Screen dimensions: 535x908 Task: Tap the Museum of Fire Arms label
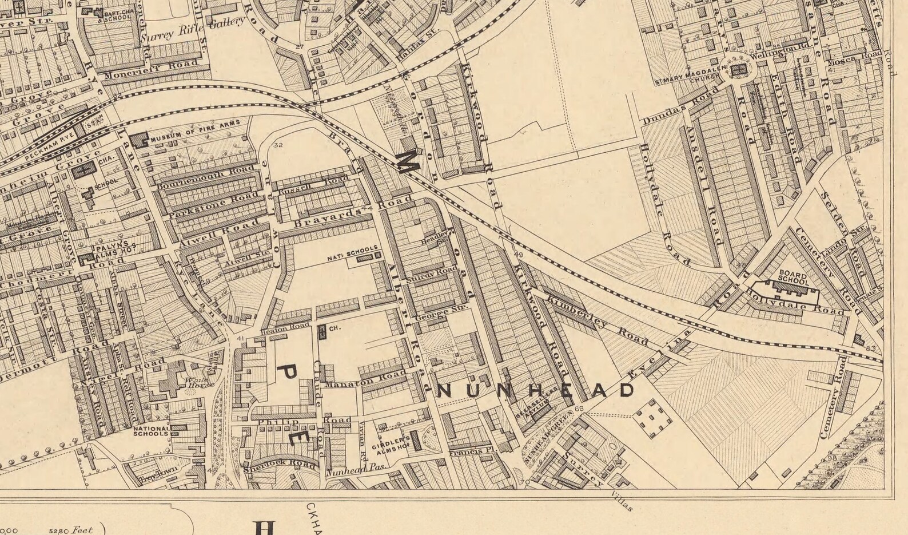click(x=198, y=131)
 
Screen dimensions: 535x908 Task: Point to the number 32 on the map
click(x=278, y=145)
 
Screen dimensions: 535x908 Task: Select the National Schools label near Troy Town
click(x=151, y=431)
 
